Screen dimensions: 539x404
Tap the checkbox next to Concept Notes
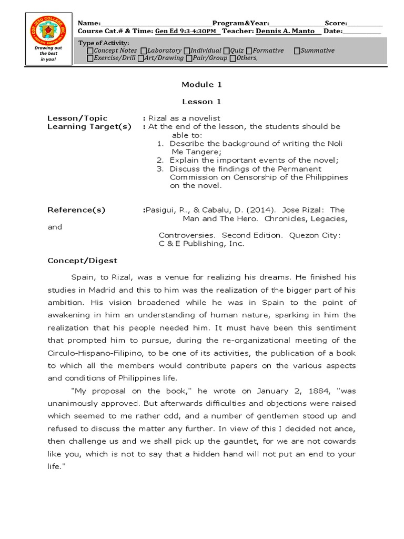click(x=90, y=51)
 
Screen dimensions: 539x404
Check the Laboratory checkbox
click(x=144, y=51)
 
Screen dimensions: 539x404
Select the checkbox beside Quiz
click(x=226, y=51)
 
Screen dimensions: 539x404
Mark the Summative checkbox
click(x=297, y=51)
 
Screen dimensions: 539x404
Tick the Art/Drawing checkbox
click(x=140, y=58)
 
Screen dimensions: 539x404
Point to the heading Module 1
click(x=198, y=84)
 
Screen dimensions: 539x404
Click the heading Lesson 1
click(x=198, y=101)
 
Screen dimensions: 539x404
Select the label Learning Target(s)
click(x=89, y=127)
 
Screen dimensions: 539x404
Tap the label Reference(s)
click(x=76, y=210)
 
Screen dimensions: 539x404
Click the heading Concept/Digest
click(x=83, y=261)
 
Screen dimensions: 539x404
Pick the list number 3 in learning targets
click(x=160, y=169)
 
